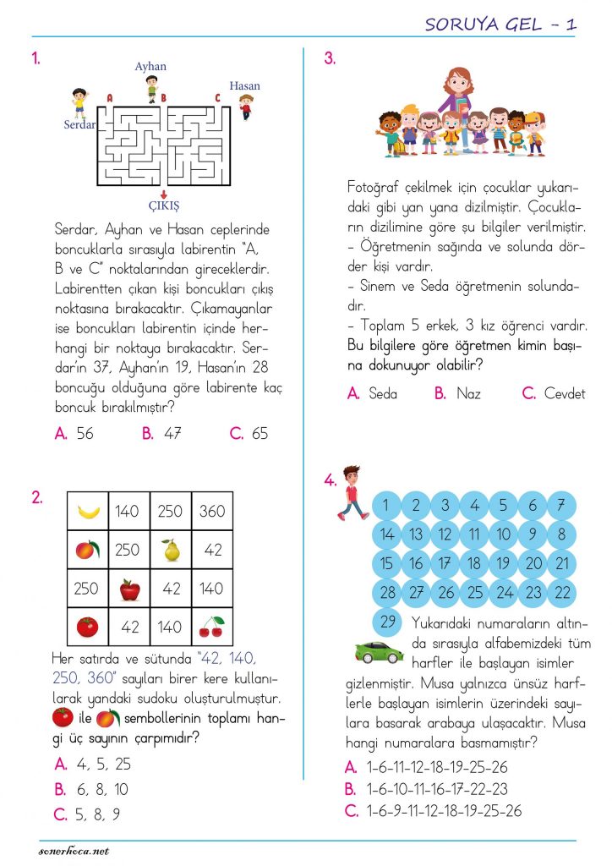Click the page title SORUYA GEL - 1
click(x=501, y=25)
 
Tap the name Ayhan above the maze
click(x=150, y=66)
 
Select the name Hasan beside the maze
click(x=244, y=85)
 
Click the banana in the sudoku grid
click(x=88, y=511)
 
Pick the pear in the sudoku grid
click(x=171, y=551)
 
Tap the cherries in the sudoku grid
click(x=211, y=627)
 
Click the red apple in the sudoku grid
click(x=129, y=589)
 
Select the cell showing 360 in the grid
click(x=212, y=511)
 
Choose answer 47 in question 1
click(x=172, y=434)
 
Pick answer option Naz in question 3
click(x=467, y=394)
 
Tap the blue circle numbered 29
click(x=387, y=622)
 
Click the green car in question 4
click(x=378, y=651)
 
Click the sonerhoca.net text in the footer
click(x=74, y=850)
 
